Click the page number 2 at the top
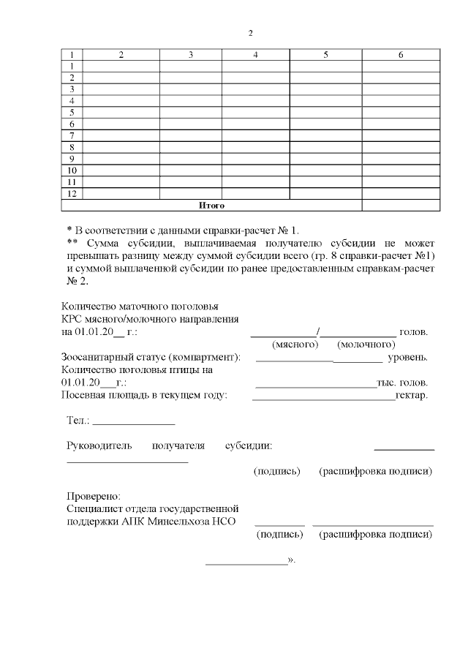coord(250,33)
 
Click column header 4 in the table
coord(255,55)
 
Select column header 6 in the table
coord(401,55)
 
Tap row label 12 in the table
coord(72,193)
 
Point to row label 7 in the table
coord(72,135)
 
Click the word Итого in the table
coord(211,206)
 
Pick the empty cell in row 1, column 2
coord(121,67)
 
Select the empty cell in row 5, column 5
coord(325,113)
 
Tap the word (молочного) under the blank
coord(366,344)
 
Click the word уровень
coord(407,357)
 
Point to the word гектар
coord(411,396)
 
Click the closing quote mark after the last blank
coord(292,560)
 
